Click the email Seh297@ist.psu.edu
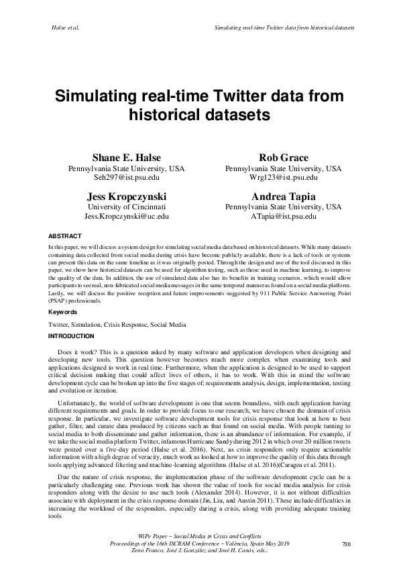pos(126,178)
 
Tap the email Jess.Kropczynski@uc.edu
pos(126,217)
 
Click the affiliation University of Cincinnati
pos(126,207)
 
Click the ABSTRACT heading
pos(65,236)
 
